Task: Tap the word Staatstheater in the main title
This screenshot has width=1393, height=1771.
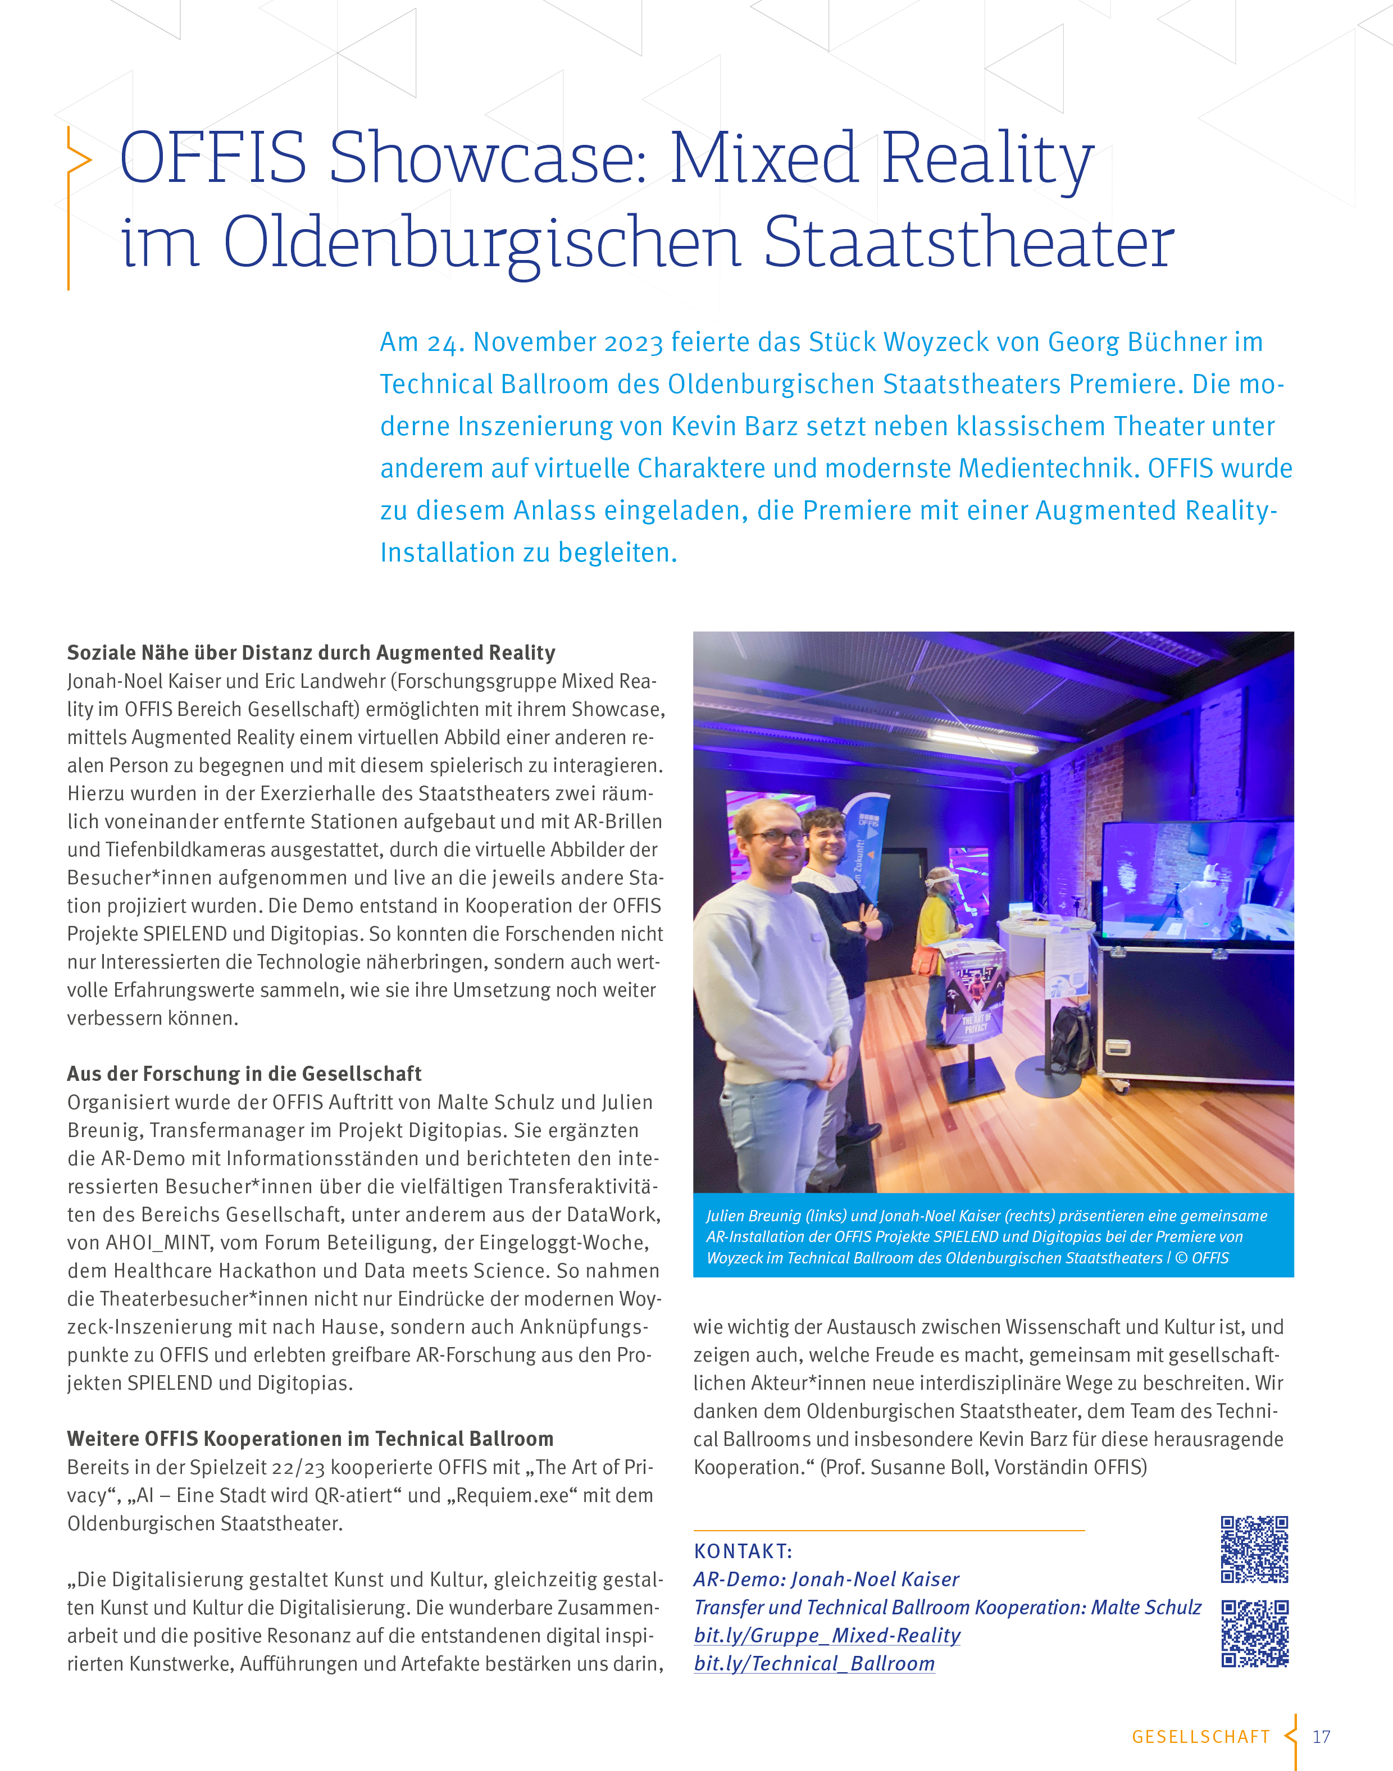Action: pos(968,242)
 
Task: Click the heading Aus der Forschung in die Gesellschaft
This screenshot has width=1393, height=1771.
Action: pos(244,1074)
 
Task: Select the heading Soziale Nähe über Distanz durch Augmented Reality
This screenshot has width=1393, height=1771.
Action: pos(311,652)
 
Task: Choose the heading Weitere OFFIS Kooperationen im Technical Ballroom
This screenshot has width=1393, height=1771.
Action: pos(310,1439)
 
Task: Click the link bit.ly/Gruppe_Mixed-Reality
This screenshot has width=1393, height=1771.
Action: pos(827,1636)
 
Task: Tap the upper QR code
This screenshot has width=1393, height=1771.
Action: pos(1254,1549)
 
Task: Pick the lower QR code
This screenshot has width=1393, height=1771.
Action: pos(1254,1633)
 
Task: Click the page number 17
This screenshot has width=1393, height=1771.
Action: pos(1321,1737)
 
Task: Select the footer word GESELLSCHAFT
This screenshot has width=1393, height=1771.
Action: pos(1200,1737)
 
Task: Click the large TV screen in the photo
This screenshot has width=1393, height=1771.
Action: pos(1196,880)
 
